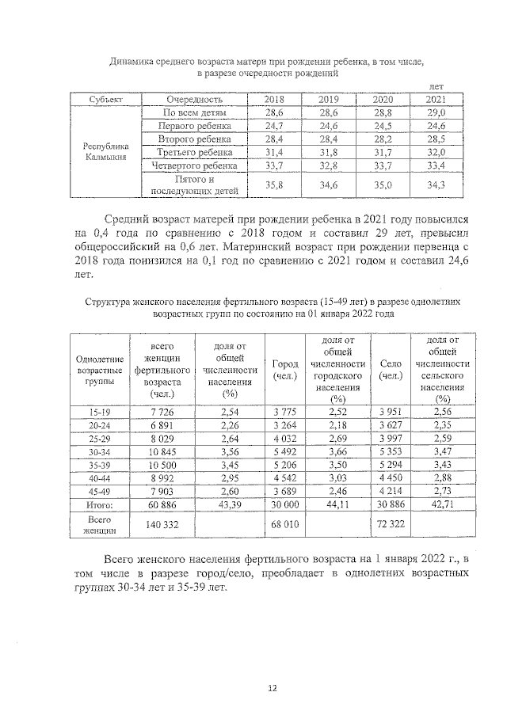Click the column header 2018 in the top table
[274, 100]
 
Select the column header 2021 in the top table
[436, 100]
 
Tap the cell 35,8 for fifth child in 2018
[274, 185]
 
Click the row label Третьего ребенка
[195, 152]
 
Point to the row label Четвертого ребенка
[195, 165]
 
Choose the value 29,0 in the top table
[436, 113]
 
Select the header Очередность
[195, 100]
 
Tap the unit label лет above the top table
[436, 86]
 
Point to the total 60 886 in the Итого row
[162, 504]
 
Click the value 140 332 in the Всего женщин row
[162, 523]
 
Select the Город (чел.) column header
[284, 370]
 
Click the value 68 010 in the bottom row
[284, 523]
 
